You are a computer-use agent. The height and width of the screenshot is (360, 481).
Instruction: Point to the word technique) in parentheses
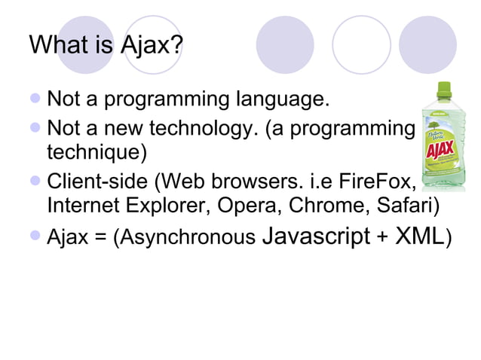97,153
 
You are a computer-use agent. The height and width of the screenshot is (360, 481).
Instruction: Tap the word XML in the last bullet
419,237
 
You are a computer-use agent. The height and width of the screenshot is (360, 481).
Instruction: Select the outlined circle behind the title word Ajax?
152,44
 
